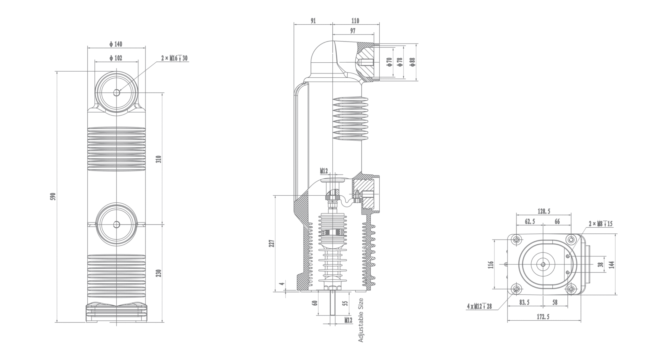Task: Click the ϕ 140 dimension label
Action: coord(116,44)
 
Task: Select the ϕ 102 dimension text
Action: coord(116,58)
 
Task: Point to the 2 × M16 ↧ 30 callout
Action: coord(174,58)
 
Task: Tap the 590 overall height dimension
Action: coord(53,196)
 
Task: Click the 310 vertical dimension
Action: coord(159,159)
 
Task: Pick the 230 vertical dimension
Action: coord(159,273)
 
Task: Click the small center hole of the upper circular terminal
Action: coord(116,93)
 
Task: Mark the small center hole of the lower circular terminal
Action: coord(116,224)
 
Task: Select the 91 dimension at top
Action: coord(313,21)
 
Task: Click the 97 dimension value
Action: coord(352,31)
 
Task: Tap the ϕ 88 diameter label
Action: coord(413,62)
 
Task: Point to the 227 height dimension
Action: coord(272,244)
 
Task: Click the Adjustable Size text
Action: coord(361,320)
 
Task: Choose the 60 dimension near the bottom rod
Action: coord(315,302)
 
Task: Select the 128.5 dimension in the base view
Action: coord(544,211)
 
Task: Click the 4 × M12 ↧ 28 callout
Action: coord(479,306)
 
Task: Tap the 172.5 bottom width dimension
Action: coord(543,317)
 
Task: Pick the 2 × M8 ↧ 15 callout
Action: coord(600,224)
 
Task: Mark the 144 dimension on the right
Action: coord(612,264)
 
